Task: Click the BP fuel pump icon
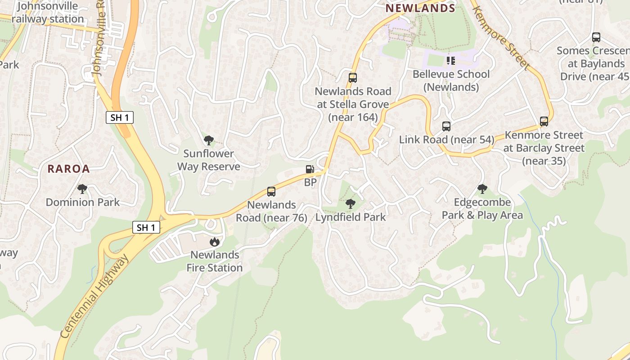pyautogui.click(x=310, y=169)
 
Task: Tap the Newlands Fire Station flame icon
pyautogui.click(x=215, y=242)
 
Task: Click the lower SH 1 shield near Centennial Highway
pyautogui.click(x=146, y=227)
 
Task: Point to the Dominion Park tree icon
pyautogui.click(x=82, y=189)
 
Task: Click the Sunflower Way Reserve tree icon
pyautogui.click(x=208, y=140)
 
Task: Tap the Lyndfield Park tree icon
pyautogui.click(x=350, y=204)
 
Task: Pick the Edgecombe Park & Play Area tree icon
pyautogui.click(x=482, y=189)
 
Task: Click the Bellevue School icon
pyautogui.click(x=451, y=60)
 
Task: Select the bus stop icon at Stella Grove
pyautogui.click(x=353, y=78)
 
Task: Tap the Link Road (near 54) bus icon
pyautogui.click(x=446, y=126)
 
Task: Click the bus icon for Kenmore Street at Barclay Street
pyautogui.click(x=544, y=121)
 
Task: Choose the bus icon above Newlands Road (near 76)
pyautogui.click(x=271, y=192)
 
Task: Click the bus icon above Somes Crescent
pyautogui.click(x=596, y=38)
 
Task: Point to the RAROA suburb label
pyautogui.click(x=69, y=169)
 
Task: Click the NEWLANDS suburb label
pyautogui.click(x=420, y=8)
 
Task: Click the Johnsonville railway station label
pyautogui.click(x=48, y=13)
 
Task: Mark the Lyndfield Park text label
pyautogui.click(x=351, y=217)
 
